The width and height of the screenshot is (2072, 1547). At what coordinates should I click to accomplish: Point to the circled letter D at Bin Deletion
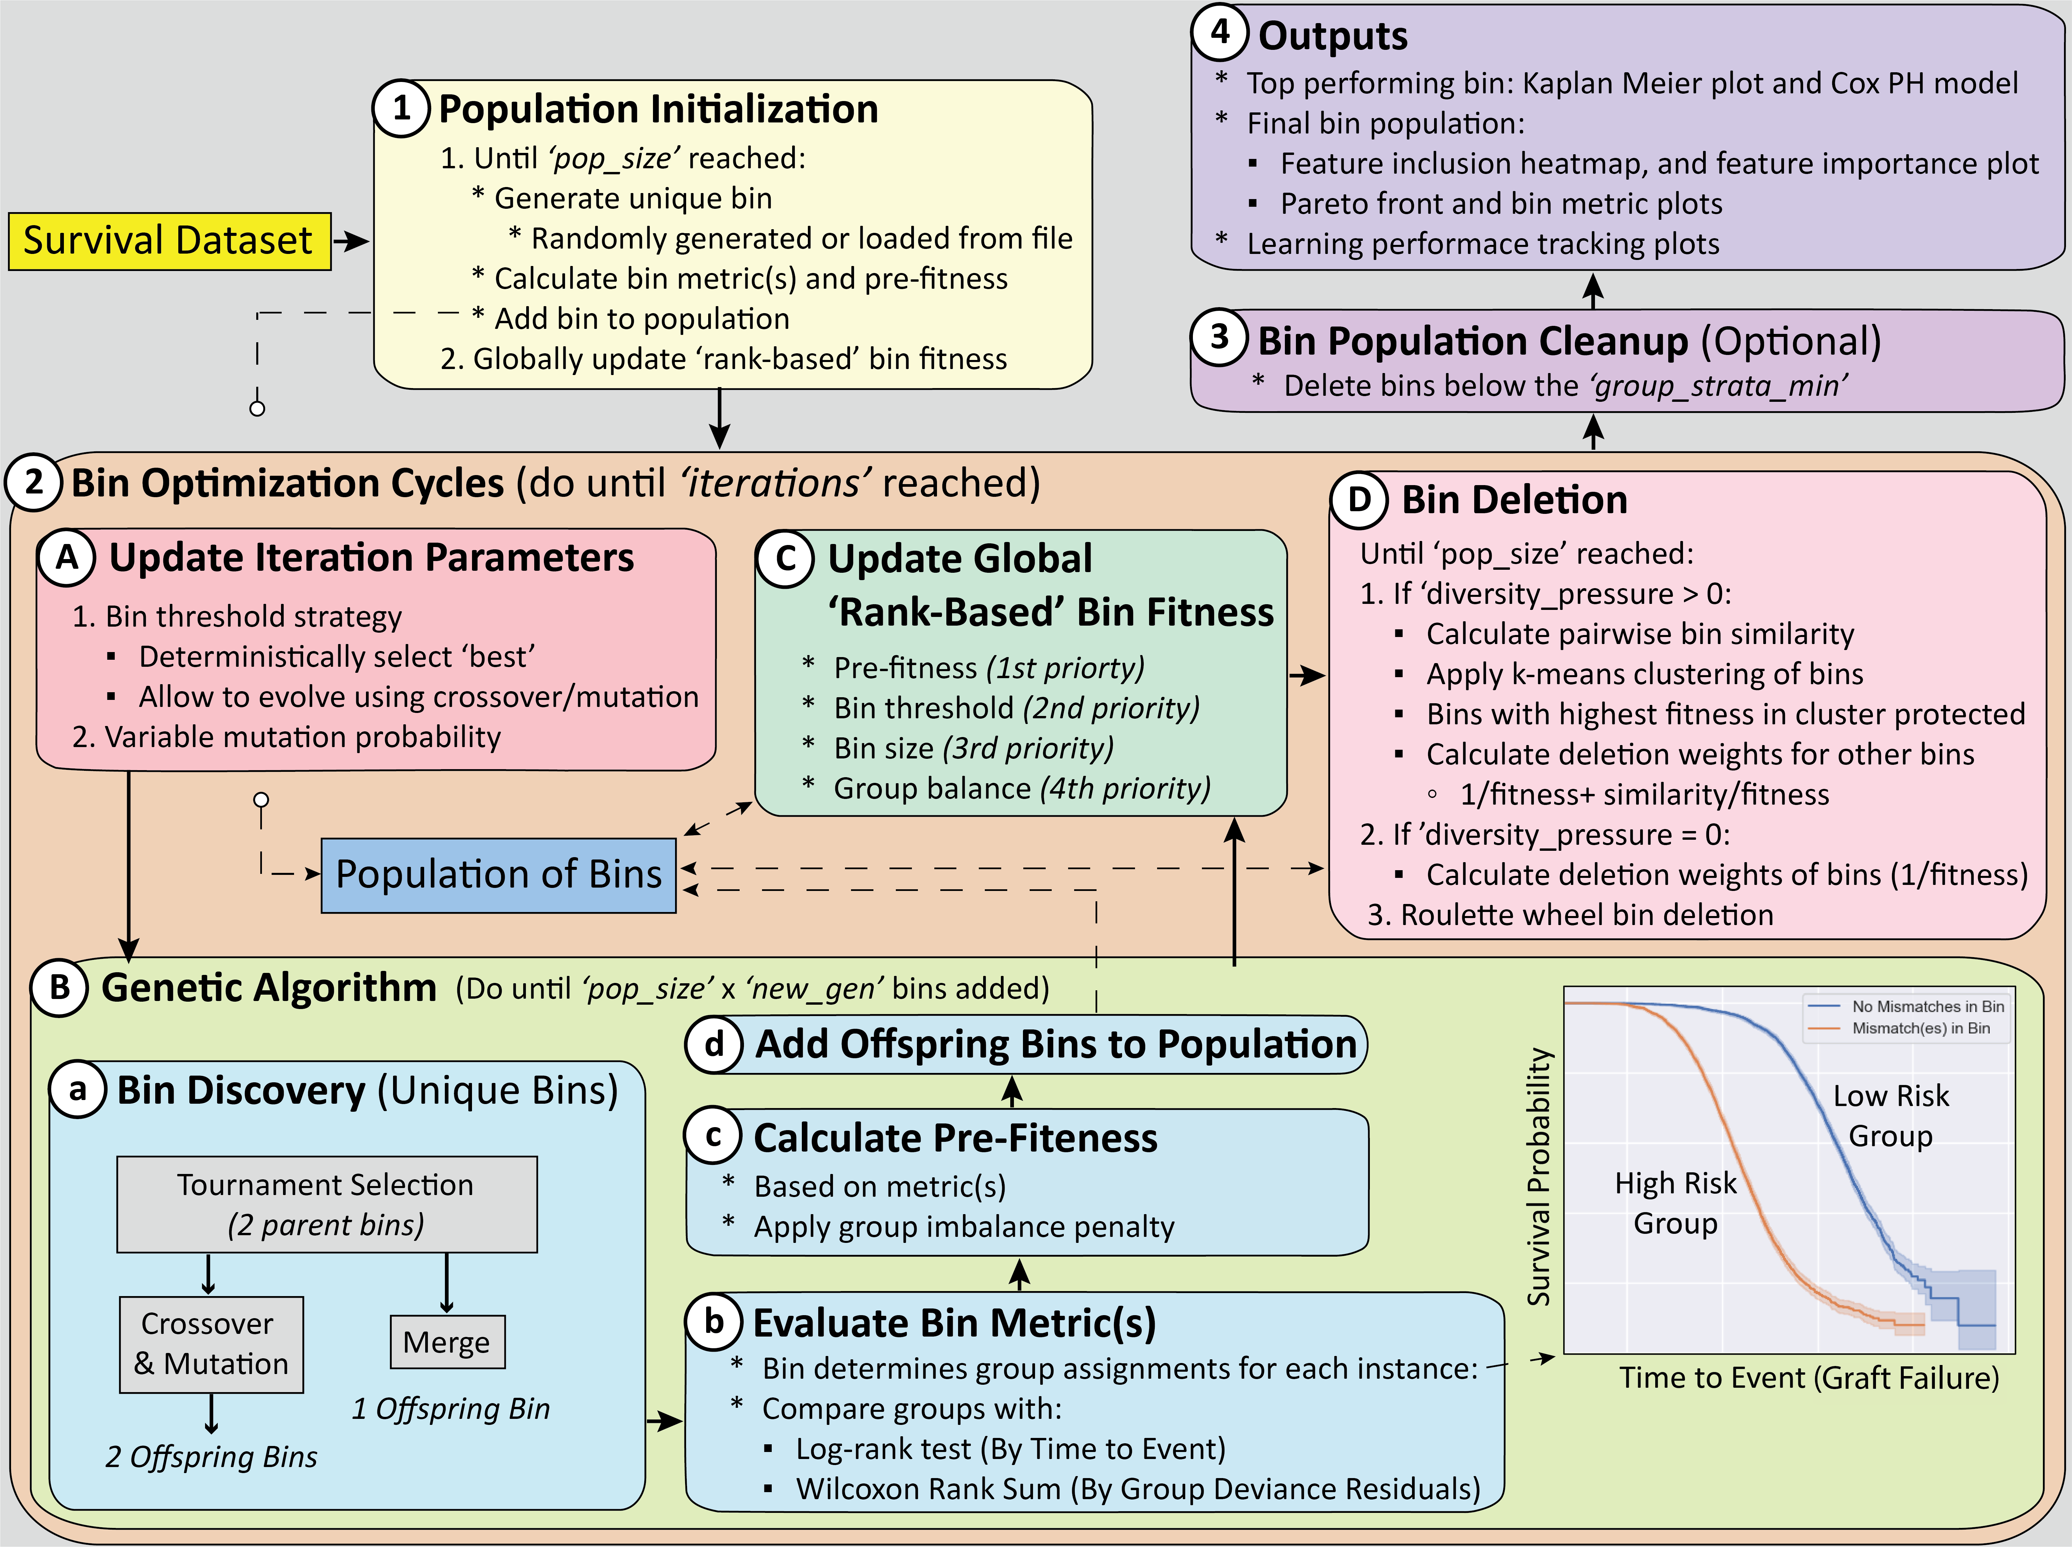pyautogui.click(x=1358, y=499)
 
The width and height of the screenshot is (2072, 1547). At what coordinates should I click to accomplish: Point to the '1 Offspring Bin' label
pyautogui.click(x=450, y=1408)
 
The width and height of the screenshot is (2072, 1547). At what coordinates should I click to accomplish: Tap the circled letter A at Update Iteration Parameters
pyautogui.click(x=67, y=557)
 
